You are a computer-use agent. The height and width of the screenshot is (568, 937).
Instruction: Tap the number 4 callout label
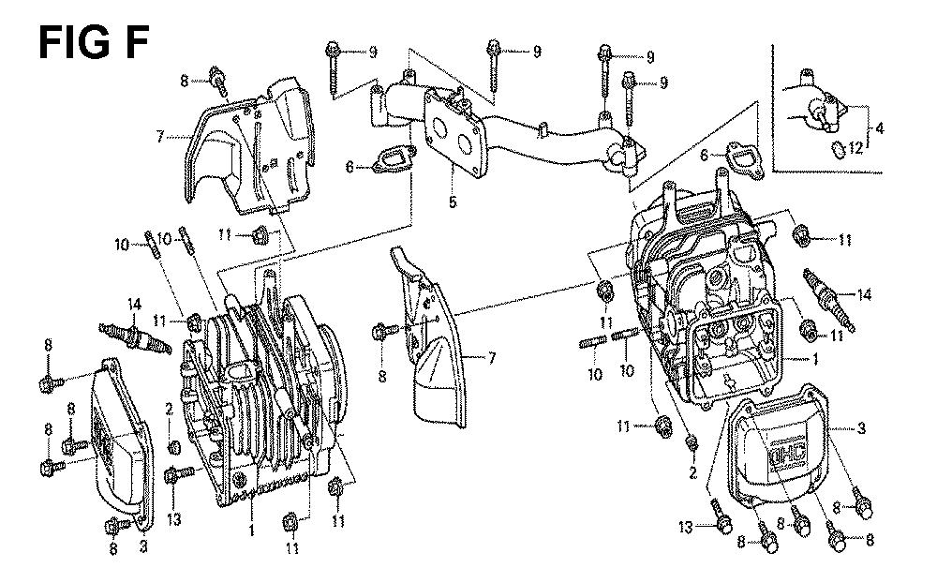pyautogui.click(x=880, y=127)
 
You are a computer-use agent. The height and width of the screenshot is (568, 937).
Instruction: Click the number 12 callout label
pyautogui.click(x=854, y=147)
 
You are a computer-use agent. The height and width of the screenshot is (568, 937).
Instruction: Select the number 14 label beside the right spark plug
pyautogui.click(x=863, y=294)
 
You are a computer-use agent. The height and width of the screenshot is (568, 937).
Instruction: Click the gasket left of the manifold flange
pyautogui.click(x=390, y=161)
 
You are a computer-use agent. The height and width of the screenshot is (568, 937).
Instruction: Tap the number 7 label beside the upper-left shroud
pyautogui.click(x=160, y=137)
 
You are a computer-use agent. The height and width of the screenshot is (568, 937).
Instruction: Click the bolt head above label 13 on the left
pyautogui.click(x=171, y=477)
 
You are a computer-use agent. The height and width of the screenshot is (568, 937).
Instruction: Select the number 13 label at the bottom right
pyautogui.click(x=687, y=528)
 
